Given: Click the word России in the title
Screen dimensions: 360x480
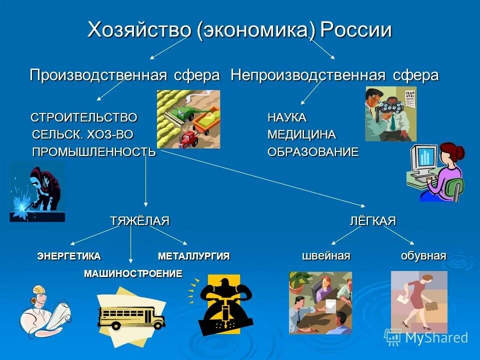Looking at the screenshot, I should point(355,30).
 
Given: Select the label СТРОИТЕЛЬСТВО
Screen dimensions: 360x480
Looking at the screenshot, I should point(84,118).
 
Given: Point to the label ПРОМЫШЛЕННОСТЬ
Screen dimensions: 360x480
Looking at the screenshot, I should point(94,152).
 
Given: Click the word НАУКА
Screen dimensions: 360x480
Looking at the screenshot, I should point(286,118).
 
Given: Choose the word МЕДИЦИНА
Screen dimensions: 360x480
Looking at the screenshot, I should point(301,135).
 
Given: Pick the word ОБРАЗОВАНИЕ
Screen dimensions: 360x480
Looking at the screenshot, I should point(313,152).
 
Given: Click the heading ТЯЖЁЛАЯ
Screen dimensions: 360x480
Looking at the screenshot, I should point(139,221).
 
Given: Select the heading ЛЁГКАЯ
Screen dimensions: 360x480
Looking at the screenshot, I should point(372,221).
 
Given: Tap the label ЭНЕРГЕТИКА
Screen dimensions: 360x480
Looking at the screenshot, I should point(69,256).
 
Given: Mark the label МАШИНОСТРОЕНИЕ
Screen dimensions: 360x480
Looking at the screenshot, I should point(133,273).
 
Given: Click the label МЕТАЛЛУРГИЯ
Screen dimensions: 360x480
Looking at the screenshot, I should point(193,256).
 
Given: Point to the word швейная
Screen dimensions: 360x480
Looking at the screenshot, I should point(326,256).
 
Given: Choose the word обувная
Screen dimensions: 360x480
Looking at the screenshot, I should point(423,256).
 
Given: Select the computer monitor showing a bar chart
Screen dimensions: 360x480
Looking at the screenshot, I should point(424,157).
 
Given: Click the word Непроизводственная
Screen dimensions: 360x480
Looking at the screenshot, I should point(308,75).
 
